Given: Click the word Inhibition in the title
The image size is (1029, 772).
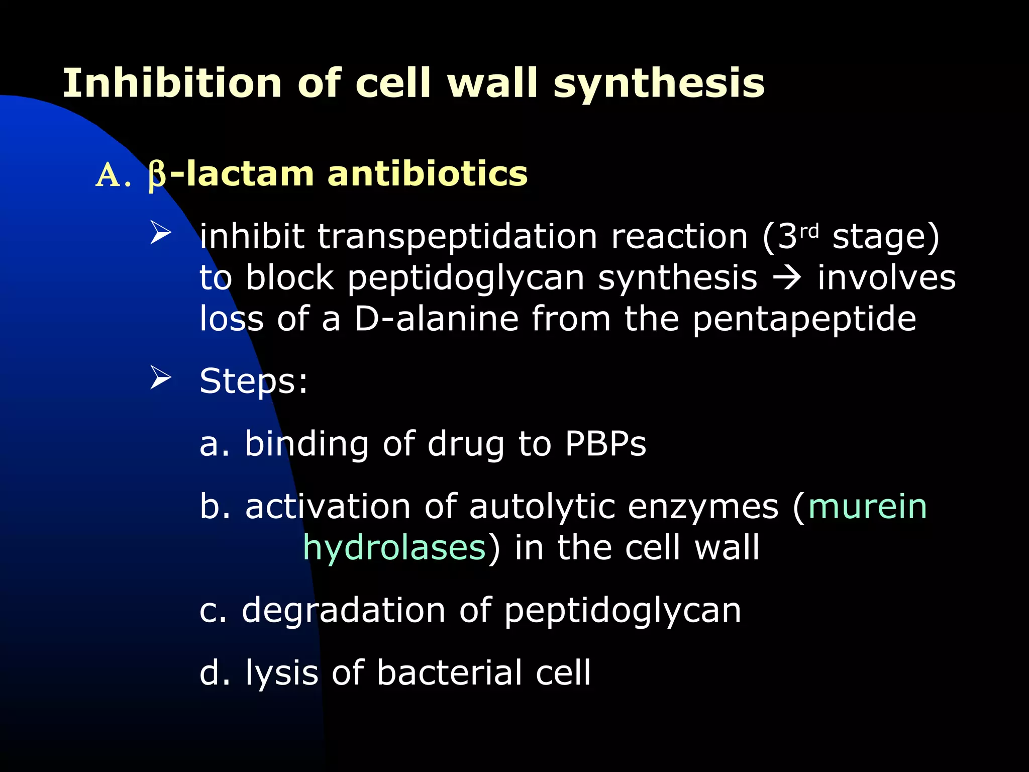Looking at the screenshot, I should (x=172, y=83).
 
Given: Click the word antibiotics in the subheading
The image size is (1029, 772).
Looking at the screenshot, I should (x=428, y=174).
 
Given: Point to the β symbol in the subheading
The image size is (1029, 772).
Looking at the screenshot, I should (x=157, y=175).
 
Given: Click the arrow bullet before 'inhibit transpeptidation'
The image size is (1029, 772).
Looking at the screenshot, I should (x=161, y=234).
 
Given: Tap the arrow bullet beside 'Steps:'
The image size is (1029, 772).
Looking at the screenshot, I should (x=161, y=379).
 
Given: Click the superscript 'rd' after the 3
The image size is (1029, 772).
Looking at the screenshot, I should (x=809, y=231).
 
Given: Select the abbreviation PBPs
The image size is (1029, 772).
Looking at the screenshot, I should (x=605, y=444).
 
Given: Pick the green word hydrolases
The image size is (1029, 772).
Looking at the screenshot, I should (x=394, y=548).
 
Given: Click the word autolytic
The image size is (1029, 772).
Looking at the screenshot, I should (x=542, y=507).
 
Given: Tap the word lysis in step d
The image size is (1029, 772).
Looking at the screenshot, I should (x=282, y=673).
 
